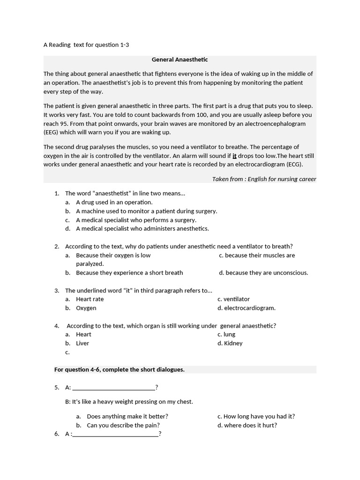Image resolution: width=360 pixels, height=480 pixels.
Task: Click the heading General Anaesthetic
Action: tap(180, 60)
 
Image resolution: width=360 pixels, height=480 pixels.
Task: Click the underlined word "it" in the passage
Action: tap(234, 156)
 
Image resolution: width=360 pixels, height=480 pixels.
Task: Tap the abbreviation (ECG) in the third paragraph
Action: tap(293, 164)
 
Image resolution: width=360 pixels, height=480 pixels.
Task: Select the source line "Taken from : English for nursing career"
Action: tap(264, 179)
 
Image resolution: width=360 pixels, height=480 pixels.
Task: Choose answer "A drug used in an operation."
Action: tap(114, 202)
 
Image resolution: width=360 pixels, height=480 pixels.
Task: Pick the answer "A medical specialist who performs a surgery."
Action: tap(136, 220)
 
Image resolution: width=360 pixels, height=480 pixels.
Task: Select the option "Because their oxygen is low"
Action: tap(113, 255)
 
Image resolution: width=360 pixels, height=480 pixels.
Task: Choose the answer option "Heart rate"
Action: tap(90, 299)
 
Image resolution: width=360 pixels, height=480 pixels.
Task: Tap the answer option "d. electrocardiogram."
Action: tap(247, 308)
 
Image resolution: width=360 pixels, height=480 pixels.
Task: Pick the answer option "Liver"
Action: tap(82, 343)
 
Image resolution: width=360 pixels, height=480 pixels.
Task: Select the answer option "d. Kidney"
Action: tap(230, 343)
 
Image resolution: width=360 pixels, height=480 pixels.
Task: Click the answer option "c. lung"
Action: tap(226, 334)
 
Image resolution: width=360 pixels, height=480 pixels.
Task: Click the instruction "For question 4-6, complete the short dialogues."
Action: tap(120, 369)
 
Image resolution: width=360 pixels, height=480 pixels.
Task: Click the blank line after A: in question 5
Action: tap(114, 387)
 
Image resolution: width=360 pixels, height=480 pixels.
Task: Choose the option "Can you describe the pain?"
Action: tap(123, 425)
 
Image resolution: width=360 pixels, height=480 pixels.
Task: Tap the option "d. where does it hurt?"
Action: tap(247, 425)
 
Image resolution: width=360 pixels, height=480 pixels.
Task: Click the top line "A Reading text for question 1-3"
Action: tap(86, 45)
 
